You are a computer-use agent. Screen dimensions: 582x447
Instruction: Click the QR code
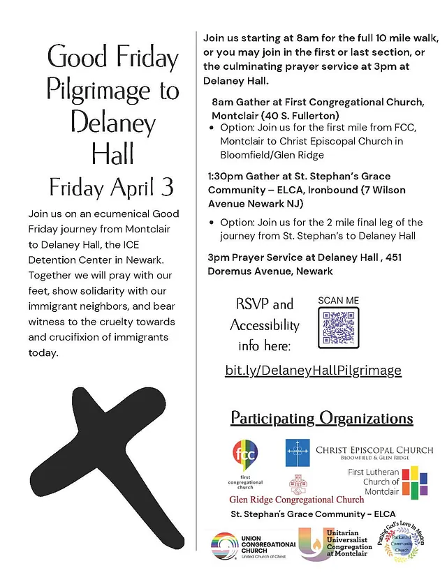[339, 327]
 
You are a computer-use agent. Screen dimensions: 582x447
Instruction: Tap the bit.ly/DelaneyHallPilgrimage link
[313, 370]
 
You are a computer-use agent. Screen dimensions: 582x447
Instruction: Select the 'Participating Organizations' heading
[322, 419]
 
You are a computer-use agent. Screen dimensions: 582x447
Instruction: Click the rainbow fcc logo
[244, 456]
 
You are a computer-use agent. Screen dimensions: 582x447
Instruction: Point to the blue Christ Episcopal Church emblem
[298, 452]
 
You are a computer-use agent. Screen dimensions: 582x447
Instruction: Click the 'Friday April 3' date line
[112, 187]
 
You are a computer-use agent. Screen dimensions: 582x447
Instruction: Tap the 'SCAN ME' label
[339, 300]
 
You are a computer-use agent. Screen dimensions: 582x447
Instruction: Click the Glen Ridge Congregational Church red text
[297, 499]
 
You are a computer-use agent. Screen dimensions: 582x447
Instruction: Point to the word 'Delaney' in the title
[112, 123]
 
